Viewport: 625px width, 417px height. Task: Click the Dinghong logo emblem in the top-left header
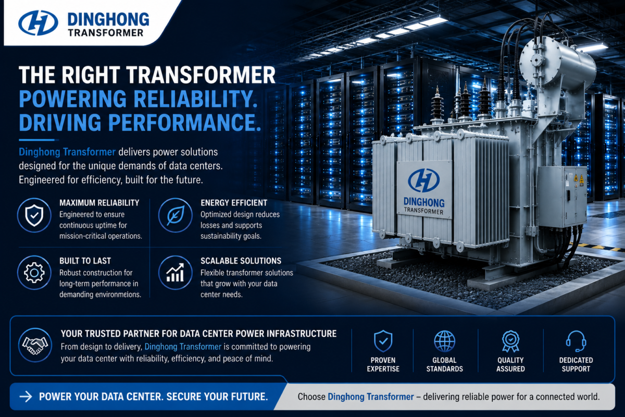tap(38, 23)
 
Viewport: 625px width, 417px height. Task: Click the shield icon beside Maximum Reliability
tap(34, 215)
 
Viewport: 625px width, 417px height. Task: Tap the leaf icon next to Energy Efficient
tap(175, 215)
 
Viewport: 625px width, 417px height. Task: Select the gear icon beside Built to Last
tap(34, 273)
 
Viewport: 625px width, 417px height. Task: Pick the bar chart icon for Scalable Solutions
tap(175, 273)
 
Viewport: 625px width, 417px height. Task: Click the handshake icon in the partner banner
tap(35, 345)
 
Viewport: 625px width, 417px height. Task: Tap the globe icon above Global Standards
tap(444, 341)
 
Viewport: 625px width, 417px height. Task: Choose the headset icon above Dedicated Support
tap(576, 341)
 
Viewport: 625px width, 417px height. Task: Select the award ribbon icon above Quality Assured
tap(510, 341)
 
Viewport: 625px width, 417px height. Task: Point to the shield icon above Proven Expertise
tap(383, 341)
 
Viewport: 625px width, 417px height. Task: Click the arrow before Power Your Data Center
tap(26, 397)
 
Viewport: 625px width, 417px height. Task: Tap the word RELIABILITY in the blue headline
tap(195, 99)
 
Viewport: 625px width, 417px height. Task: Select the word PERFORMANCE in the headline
tap(184, 122)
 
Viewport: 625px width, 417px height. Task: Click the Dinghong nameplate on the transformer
tap(424, 189)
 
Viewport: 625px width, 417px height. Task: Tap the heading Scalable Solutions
tap(241, 261)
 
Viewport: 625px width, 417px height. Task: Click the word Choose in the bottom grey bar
tap(311, 397)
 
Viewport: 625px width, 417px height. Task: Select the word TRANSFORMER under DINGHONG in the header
tap(106, 33)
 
